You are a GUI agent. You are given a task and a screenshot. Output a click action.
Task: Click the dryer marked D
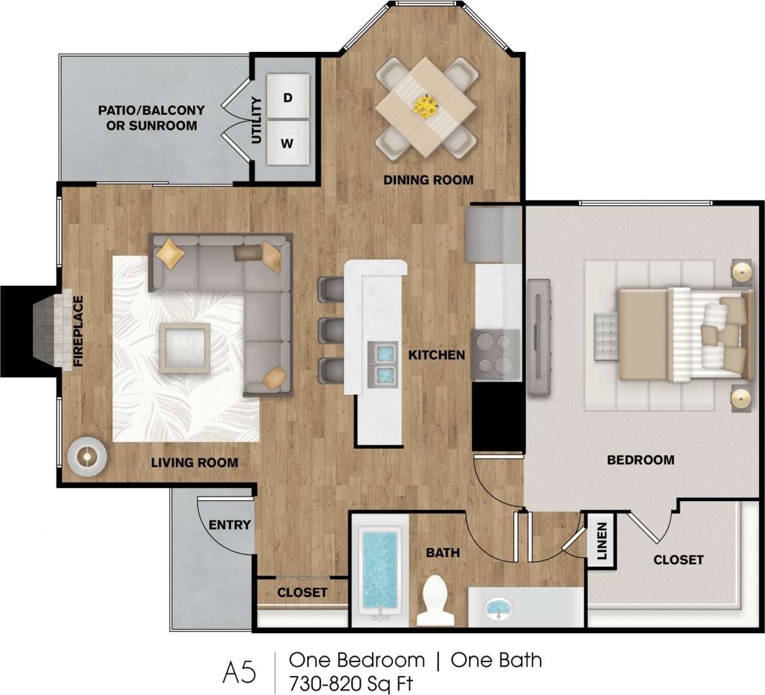click(287, 96)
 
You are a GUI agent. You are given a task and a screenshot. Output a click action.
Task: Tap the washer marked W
click(287, 141)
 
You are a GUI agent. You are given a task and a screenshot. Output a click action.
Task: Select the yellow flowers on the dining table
click(426, 106)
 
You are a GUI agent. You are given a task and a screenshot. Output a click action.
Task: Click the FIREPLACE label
click(79, 331)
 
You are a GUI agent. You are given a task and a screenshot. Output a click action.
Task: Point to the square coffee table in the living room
click(184, 348)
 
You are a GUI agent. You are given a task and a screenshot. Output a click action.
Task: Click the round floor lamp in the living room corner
click(86, 455)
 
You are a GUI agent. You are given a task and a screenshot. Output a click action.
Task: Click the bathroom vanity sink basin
click(499, 608)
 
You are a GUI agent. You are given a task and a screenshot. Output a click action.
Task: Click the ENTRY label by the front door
click(230, 525)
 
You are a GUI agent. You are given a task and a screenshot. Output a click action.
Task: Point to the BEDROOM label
click(640, 460)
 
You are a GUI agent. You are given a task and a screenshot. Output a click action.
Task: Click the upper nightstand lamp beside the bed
click(741, 272)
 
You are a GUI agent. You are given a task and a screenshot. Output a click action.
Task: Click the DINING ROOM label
click(428, 180)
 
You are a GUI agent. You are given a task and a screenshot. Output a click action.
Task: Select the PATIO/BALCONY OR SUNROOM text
click(152, 118)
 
